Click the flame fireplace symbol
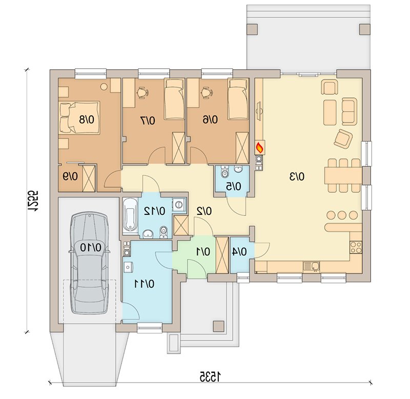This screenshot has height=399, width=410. tap(260, 148)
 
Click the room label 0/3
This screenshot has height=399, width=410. tap(297, 177)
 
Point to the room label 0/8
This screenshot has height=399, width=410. tap(87, 119)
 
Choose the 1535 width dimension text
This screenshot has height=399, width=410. tap(210, 377)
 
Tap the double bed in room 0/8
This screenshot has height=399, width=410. tap(79, 118)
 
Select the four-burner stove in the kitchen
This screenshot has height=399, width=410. tap(356, 247)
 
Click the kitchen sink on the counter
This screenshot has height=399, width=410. tap(312, 266)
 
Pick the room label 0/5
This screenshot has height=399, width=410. tap(234, 187)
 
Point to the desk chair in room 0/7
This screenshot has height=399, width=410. tap(142, 93)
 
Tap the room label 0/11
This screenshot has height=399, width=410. tap(144, 284)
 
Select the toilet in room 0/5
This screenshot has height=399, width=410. tap(224, 172)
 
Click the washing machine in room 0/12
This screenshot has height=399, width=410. tap(179, 204)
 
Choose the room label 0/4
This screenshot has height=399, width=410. tap(239, 252)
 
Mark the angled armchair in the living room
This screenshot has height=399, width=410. tap(343, 138)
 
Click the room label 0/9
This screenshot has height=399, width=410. tap(70, 177)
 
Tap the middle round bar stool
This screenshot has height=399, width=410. tap(342, 215)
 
